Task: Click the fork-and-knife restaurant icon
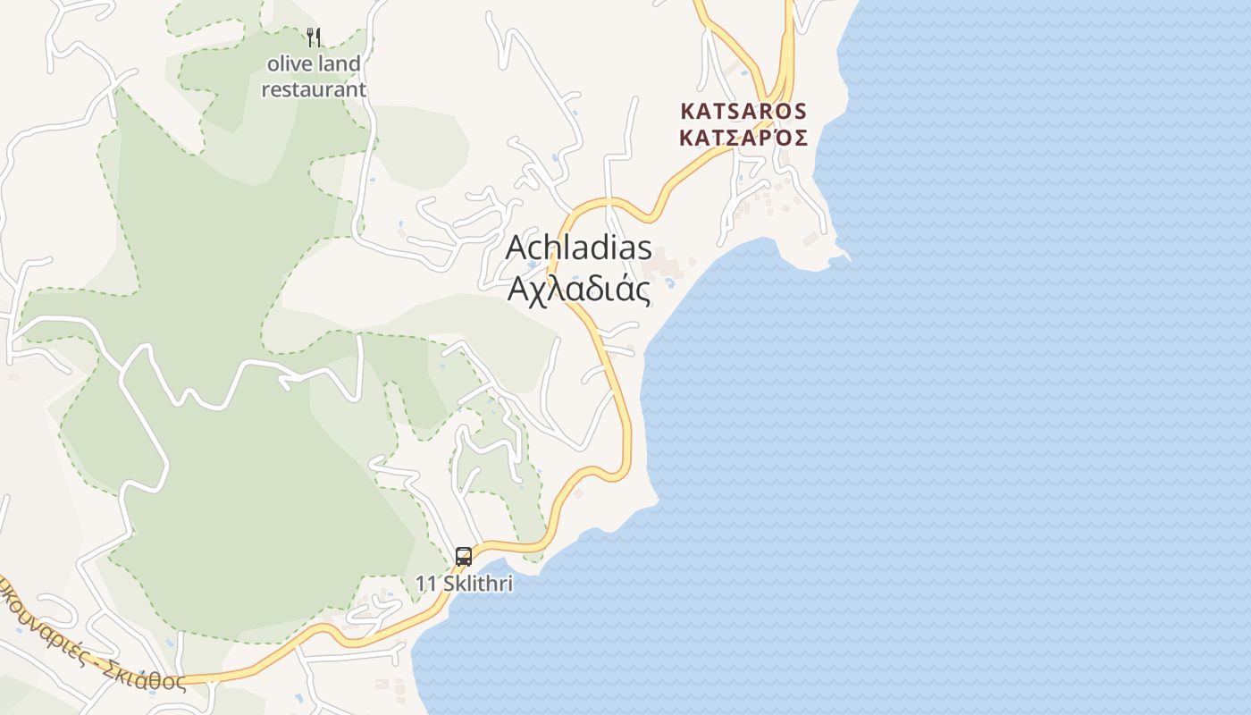pos(314,38)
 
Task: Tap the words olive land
pos(314,64)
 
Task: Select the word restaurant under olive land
pos(314,89)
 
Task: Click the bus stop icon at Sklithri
pos(463,557)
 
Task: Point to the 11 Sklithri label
pos(464,584)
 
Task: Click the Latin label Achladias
pos(578,248)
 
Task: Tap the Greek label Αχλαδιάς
pos(578,289)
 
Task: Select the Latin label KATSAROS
pos(743,112)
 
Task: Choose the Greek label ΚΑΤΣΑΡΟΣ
pos(743,139)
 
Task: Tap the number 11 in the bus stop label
pos(424,584)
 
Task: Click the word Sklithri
pos(475,584)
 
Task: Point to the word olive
pos(288,64)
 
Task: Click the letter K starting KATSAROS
pos(687,112)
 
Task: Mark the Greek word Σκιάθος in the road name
pos(147,668)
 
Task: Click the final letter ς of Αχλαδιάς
pos(642,291)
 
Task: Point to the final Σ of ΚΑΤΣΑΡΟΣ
pos(801,139)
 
